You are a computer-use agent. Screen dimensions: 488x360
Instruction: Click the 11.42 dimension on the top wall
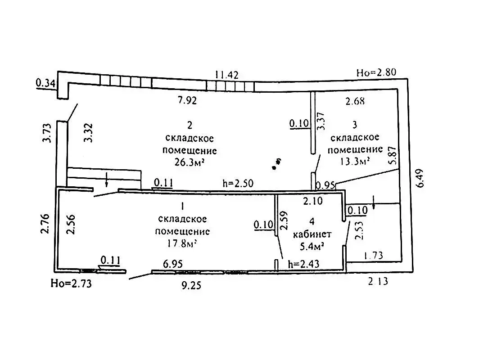[x=226, y=75]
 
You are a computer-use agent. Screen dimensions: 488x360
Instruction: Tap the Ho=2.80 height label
[x=376, y=72]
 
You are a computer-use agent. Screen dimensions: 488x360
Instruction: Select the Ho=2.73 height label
[x=71, y=283]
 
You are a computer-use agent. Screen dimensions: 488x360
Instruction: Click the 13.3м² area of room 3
[x=355, y=161]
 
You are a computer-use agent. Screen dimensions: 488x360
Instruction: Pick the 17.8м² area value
[x=182, y=243]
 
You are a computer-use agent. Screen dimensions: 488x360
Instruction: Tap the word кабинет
[x=312, y=234]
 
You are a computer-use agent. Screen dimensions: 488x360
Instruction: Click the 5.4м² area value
[x=312, y=247]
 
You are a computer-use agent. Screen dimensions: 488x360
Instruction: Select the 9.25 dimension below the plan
[x=191, y=285]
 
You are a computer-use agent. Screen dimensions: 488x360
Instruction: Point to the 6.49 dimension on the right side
[x=420, y=178]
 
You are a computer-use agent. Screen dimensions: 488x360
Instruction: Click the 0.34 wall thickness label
[x=45, y=83]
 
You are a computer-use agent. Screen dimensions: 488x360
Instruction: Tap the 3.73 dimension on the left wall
[x=46, y=133]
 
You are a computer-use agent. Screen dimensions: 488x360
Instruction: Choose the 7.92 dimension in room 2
[x=187, y=100]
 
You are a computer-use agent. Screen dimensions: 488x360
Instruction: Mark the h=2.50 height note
[x=238, y=183]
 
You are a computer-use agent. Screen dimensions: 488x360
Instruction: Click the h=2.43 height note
[x=304, y=264]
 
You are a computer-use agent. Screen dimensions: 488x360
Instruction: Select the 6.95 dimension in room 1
[x=173, y=264]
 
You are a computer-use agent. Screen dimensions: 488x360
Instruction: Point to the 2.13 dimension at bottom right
[x=378, y=281]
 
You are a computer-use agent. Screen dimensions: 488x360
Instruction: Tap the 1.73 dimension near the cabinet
[x=373, y=256]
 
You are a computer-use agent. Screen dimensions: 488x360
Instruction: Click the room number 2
[x=190, y=125]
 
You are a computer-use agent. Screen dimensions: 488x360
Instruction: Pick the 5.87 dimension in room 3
[x=393, y=155]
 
